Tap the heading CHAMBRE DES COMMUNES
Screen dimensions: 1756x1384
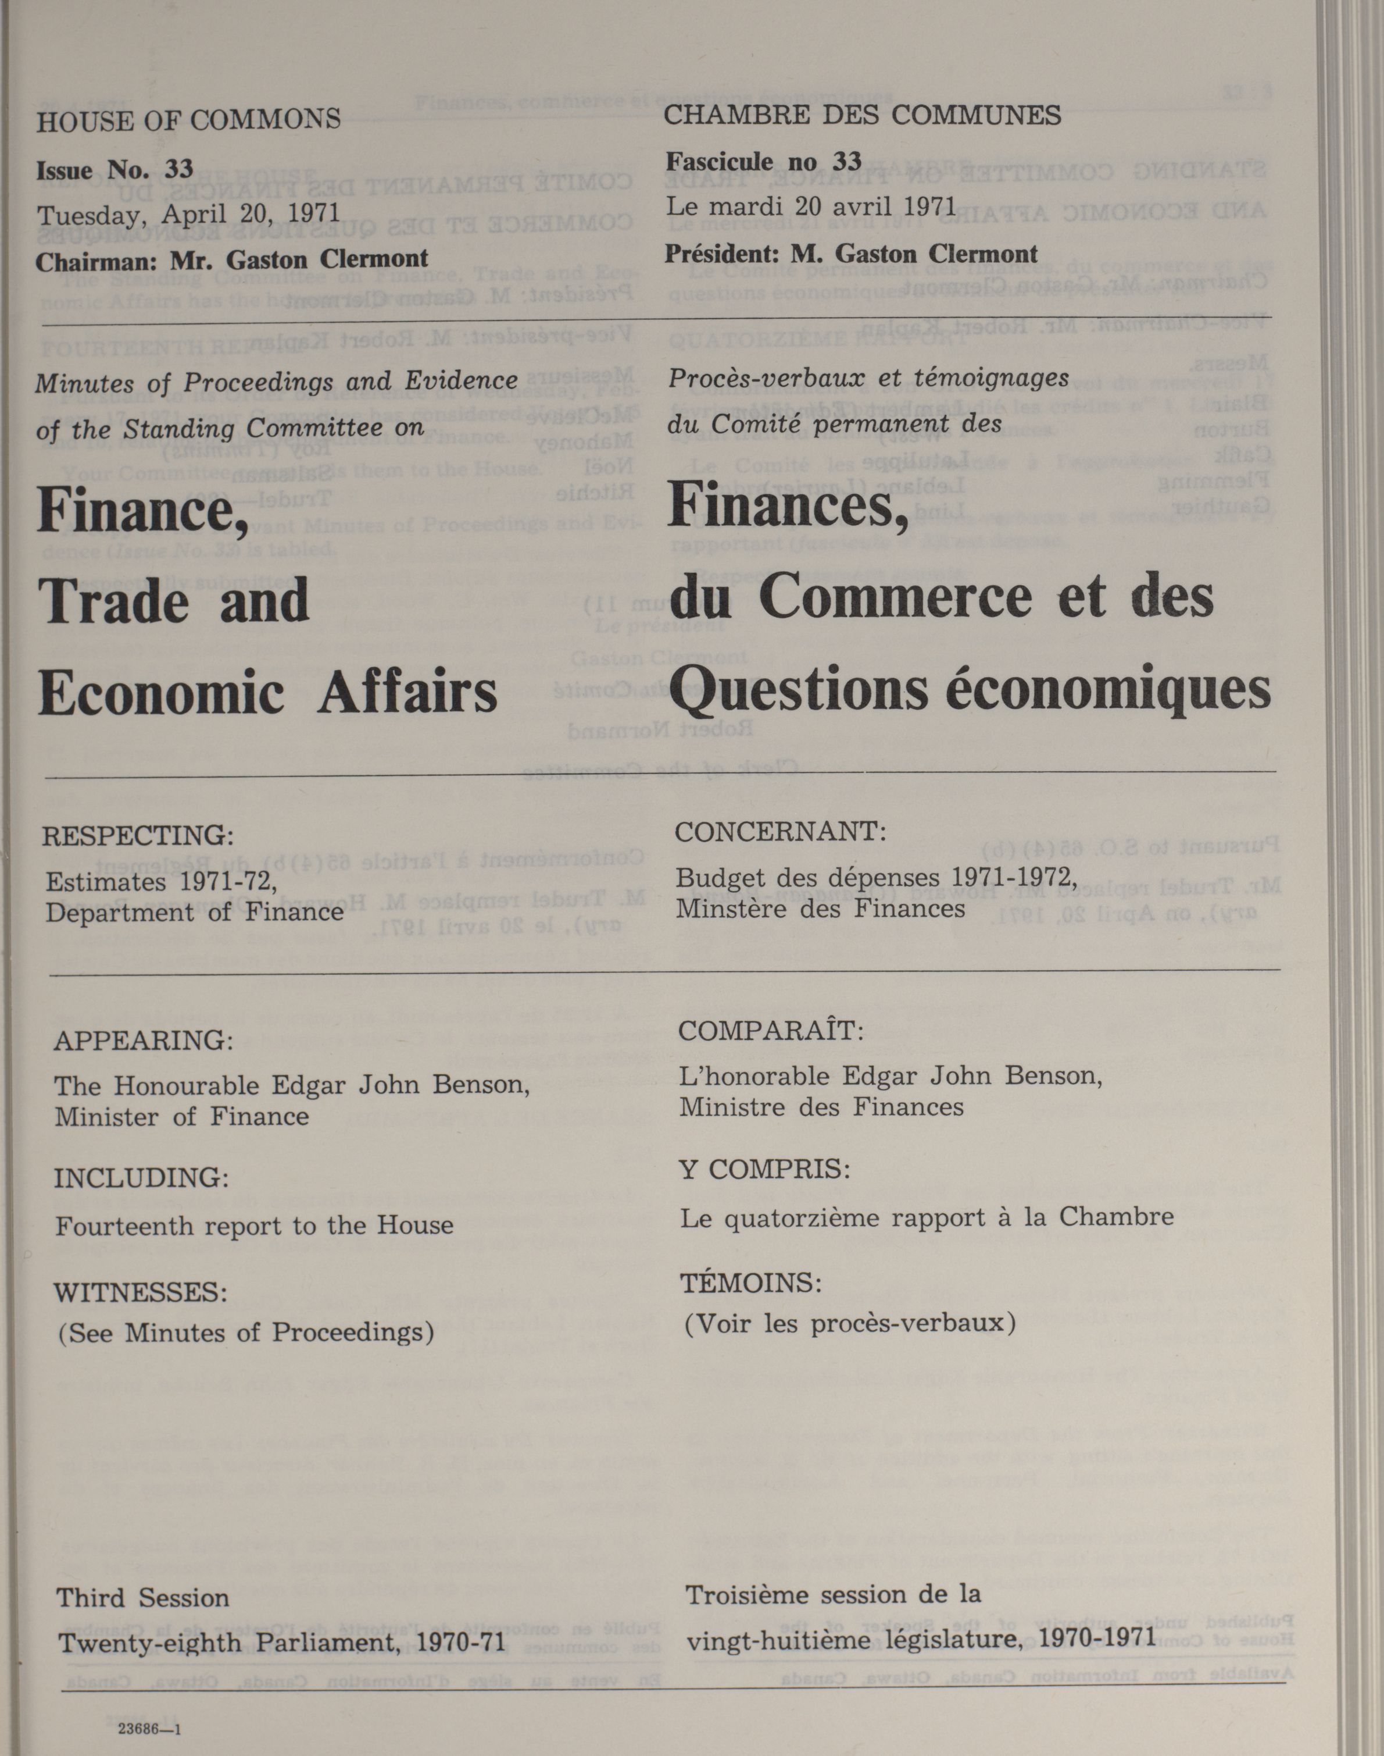point(862,115)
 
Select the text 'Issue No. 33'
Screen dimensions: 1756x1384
point(115,169)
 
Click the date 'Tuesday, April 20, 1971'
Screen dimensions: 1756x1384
point(189,213)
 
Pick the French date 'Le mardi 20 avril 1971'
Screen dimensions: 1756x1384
point(811,206)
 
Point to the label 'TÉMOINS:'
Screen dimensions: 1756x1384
point(751,1283)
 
